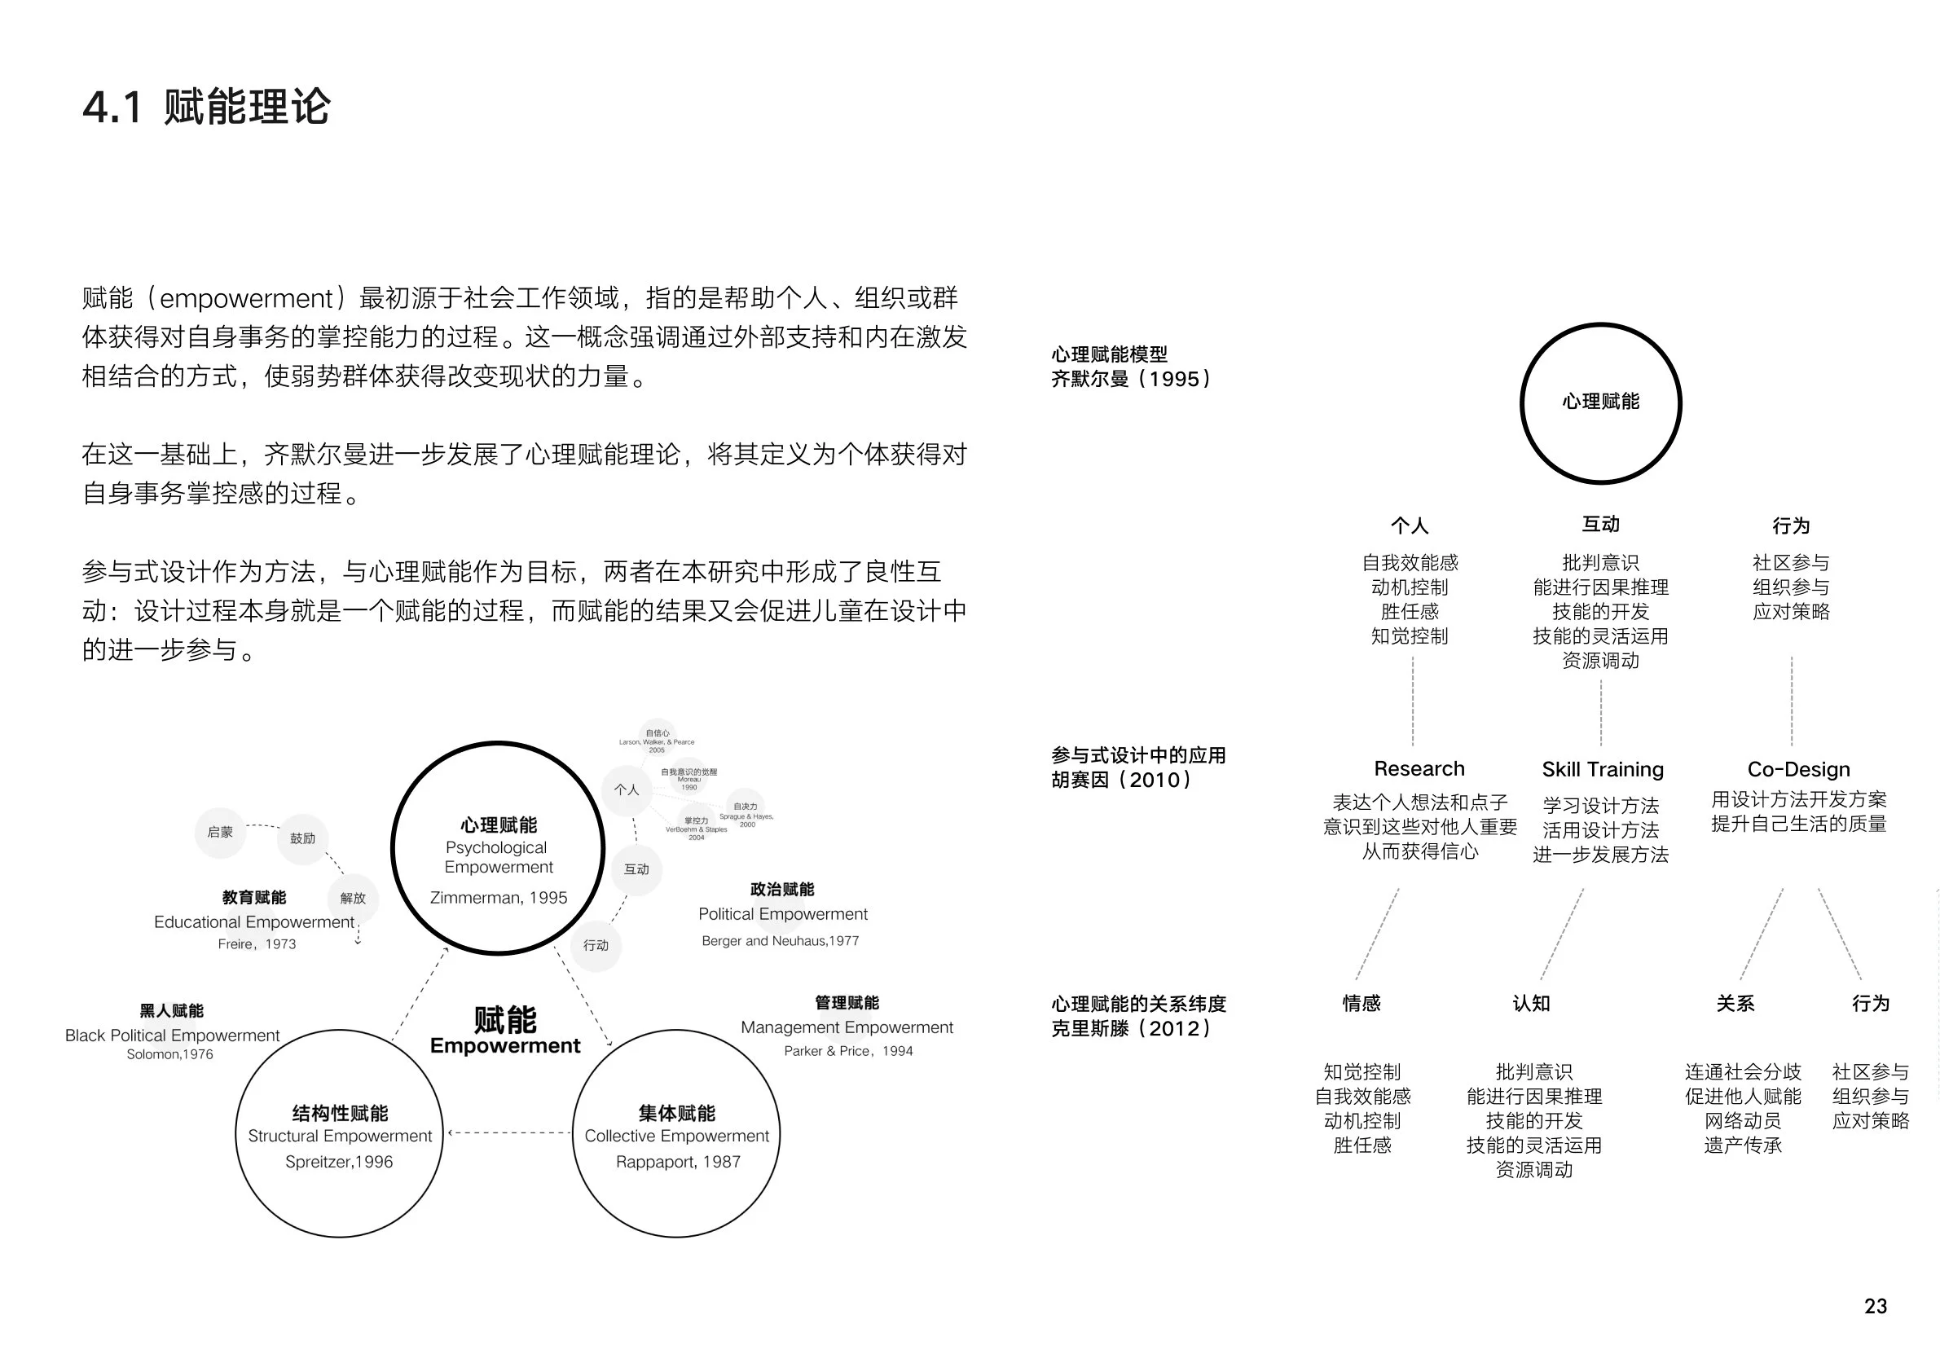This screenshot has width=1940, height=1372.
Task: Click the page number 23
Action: pyautogui.click(x=1875, y=1306)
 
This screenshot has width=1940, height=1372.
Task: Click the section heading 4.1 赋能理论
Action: pyautogui.click(x=206, y=108)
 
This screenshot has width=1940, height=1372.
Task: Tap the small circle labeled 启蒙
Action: pyautogui.click(x=220, y=832)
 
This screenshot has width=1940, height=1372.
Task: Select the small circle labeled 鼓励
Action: pyautogui.click(x=302, y=838)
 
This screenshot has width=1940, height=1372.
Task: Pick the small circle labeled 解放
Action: pyautogui.click(x=352, y=898)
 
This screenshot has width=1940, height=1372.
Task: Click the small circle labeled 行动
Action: pyautogui.click(x=596, y=945)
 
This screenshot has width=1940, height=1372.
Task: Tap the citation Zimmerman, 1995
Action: pyautogui.click(x=499, y=897)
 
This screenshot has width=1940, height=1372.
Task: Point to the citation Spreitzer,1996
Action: pyautogui.click(x=339, y=1162)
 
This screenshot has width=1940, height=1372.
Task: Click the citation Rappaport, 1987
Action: pyautogui.click(x=678, y=1162)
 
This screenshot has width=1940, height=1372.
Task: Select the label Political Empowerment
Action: pyautogui.click(x=782, y=914)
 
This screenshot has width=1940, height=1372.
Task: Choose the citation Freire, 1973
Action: pyautogui.click(x=257, y=943)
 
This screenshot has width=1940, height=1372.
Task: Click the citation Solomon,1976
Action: pyautogui.click(x=169, y=1054)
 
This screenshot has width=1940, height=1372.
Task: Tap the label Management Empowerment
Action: pyautogui.click(x=847, y=1027)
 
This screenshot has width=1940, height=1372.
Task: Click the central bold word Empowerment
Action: pyautogui.click(x=505, y=1046)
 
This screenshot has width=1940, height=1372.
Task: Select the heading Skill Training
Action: pyautogui.click(x=1602, y=770)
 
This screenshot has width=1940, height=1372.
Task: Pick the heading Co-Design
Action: pyautogui.click(x=1798, y=770)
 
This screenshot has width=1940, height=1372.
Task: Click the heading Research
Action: pyautogui.click(x=1419, y=769)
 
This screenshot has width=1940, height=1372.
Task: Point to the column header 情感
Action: pyautogui.click(x=1362, y=1004)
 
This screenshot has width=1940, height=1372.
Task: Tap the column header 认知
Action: pyautogui.click(x=1531, y=1004)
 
